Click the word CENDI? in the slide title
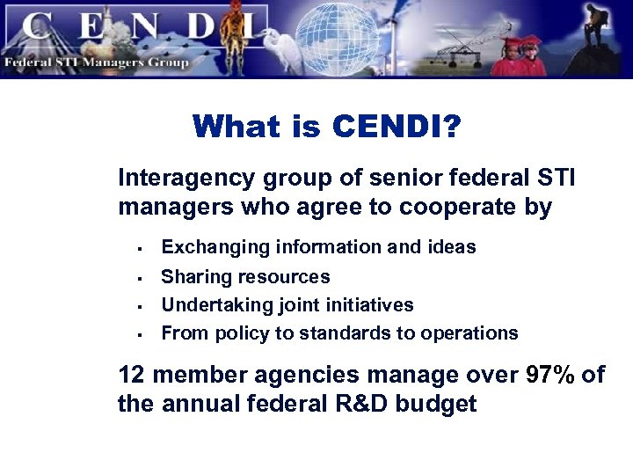click(397, 127)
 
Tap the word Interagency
click(182, 179)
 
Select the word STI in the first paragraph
click(556, 179)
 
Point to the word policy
click(236, 333)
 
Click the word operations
click(471, 333)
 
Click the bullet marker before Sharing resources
click(140, 279)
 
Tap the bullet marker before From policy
click(140, 335)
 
